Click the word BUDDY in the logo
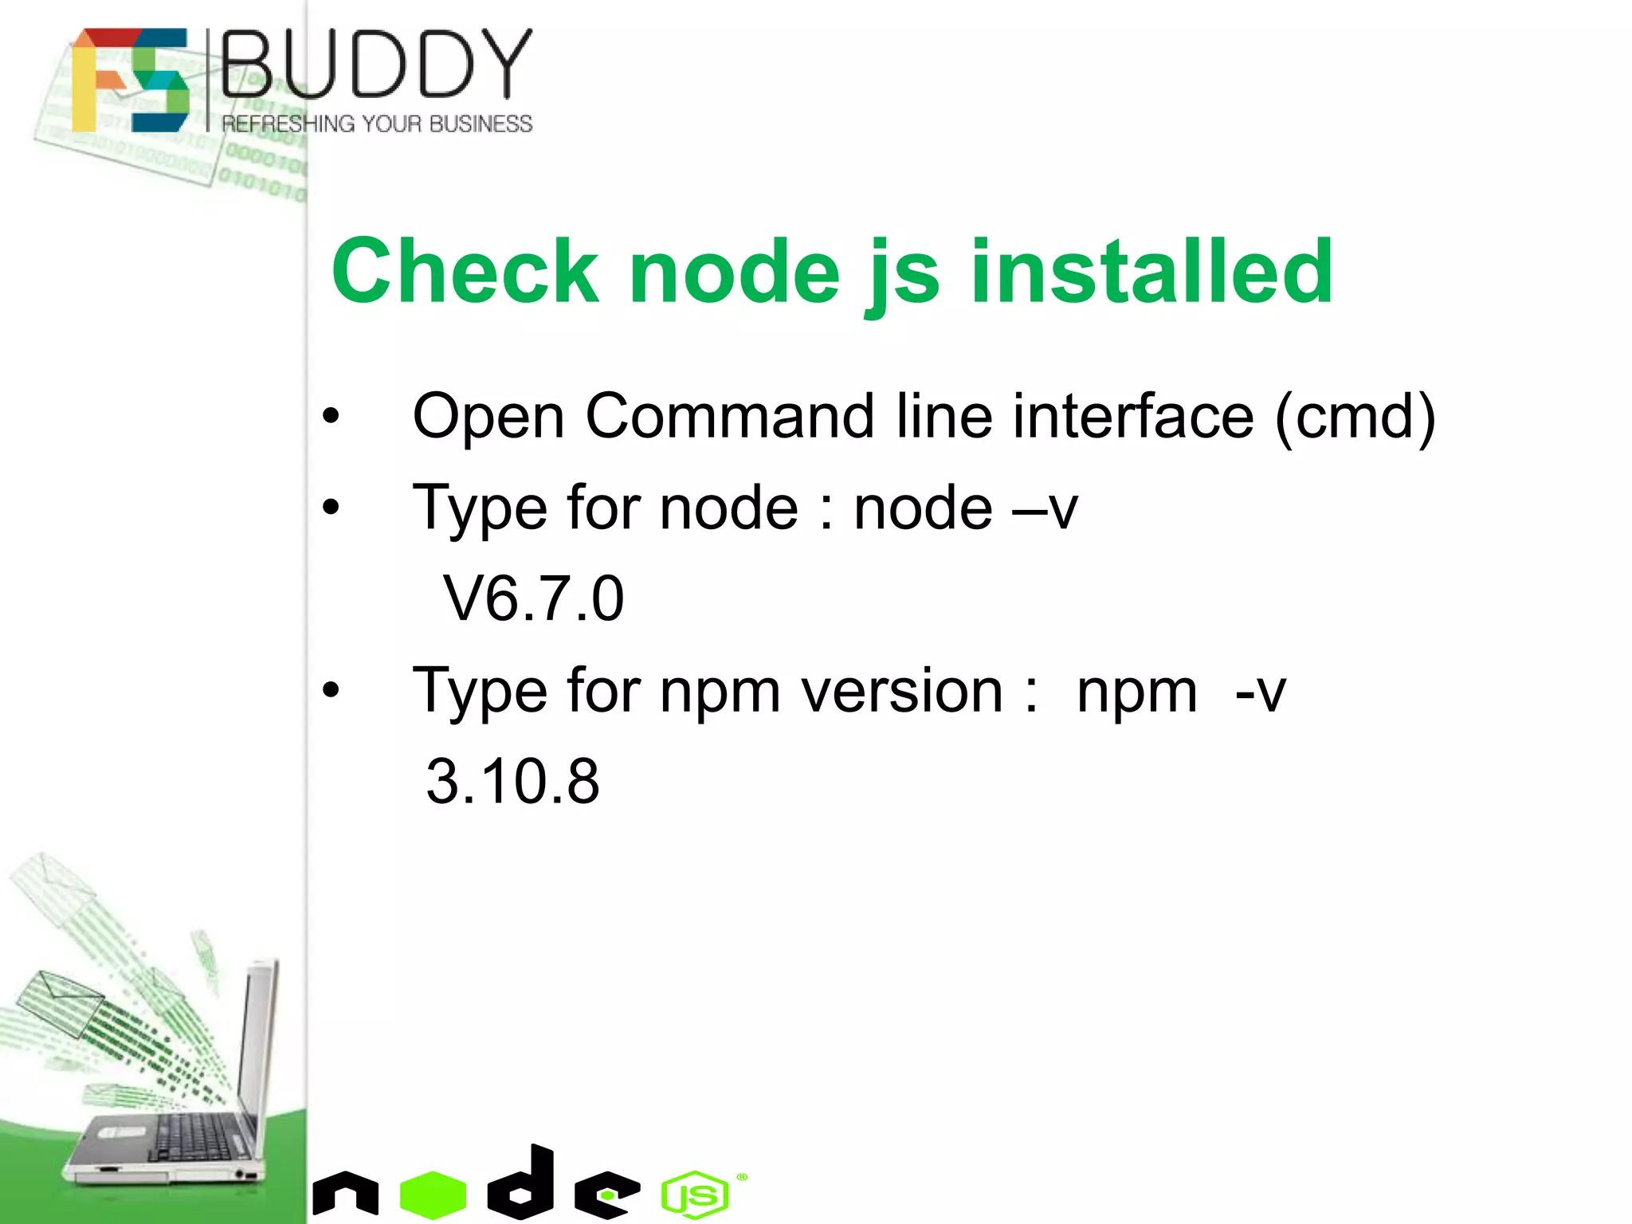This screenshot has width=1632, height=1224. click(376, 64)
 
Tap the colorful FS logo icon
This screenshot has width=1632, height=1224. click(130, 80)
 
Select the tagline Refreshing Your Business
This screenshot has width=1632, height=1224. click(377, 124)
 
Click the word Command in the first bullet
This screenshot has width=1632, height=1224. click(729, 416)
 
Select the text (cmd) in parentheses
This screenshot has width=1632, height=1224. click(1355, 416)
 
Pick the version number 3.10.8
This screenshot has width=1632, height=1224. click(512, 781)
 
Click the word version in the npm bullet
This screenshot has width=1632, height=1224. click(901, 690)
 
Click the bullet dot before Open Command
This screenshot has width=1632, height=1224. click(331, 416)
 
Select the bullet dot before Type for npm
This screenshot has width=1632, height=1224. click(331, 690)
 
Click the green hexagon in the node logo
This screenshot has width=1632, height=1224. click(433, 1194)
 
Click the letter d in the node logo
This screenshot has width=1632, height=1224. click(523, 1183)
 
